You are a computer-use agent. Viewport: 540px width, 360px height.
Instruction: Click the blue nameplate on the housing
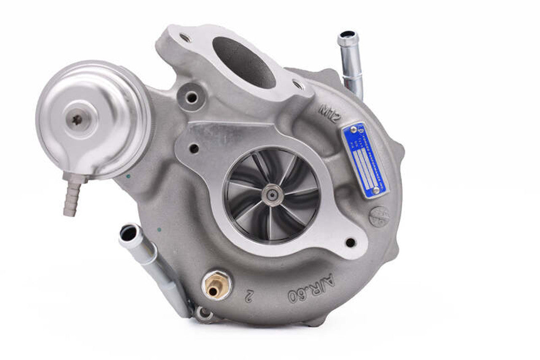click(365, 160)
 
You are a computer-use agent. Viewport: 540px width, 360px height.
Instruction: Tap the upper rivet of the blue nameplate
click(354, 130)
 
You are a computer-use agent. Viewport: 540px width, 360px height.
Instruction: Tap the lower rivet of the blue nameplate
click(375, 191)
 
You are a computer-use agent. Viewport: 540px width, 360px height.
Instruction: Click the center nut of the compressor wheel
click(272, 195)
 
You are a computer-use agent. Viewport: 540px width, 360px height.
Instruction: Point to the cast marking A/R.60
click(311, 288)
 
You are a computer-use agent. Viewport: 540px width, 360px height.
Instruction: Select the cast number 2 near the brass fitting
click(250, 293)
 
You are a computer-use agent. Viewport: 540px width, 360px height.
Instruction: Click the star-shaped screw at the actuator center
click(77, 120)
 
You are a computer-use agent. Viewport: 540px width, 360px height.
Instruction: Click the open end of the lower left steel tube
click(128, 233)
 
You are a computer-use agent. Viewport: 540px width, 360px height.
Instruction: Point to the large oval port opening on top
click(244, 62)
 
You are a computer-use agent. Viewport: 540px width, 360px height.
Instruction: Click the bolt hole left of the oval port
click(185, 38)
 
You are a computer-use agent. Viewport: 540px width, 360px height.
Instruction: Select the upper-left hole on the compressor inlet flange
click(194, 149)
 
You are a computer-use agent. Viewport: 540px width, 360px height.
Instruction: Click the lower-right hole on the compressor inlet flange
click(350, 243)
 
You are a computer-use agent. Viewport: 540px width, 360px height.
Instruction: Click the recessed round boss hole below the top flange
click(192, 97)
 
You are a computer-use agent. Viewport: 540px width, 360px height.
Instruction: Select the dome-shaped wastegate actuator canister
click(93, 119)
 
